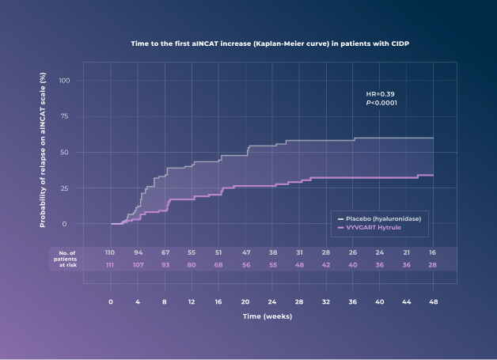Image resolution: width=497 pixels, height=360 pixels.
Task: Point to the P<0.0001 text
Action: click(381, 103)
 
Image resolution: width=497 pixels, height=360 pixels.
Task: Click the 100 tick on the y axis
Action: click(65, 80)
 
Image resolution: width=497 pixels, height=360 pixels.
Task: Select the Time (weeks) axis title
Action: click(267, 316)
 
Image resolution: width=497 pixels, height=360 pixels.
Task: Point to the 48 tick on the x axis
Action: click(433, 301)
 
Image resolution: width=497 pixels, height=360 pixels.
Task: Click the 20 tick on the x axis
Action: click(245, 301)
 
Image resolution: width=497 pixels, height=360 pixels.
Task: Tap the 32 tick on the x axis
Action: click(326, 301)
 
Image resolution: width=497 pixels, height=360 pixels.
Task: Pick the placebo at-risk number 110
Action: click(111, 252)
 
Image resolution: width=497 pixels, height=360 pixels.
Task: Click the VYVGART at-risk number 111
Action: click(111, 264)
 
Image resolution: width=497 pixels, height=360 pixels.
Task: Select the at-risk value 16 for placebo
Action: click(433, 252)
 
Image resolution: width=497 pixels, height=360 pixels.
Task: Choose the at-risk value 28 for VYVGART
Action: click(433, 264)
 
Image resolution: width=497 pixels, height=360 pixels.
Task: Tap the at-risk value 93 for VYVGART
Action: click(165, 264)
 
